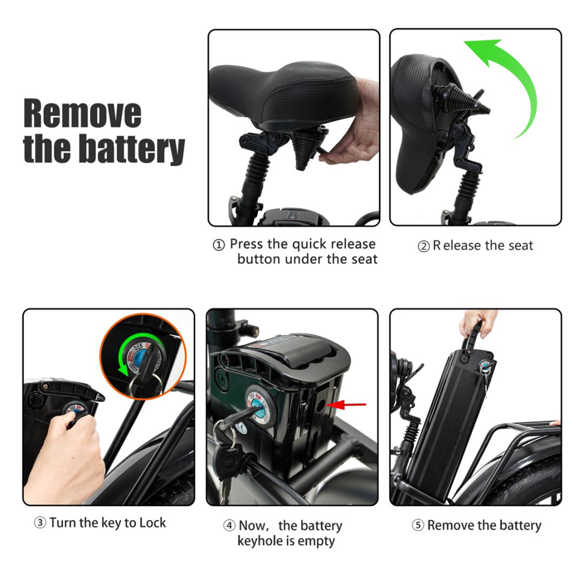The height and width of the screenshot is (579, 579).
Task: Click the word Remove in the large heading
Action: click(83, 113)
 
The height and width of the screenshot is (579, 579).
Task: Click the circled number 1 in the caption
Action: click(219, 245)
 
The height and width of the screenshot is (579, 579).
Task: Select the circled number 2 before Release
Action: click(424, 247)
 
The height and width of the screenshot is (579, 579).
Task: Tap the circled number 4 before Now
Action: click(229, 526)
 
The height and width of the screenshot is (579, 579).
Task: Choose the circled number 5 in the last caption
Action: click(418, 525)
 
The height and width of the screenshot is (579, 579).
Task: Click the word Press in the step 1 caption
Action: click(246, 244)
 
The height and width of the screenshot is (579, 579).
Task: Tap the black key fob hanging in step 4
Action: click(229, 458)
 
